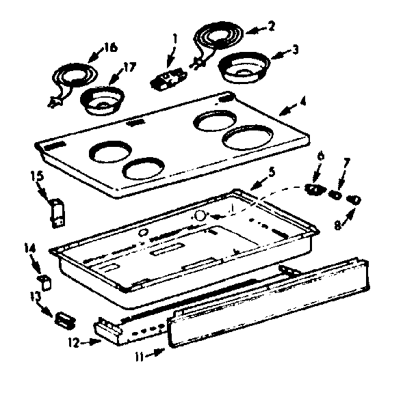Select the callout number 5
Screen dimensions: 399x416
click(x=272, y=171)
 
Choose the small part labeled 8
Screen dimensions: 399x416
click(x=354, y=199)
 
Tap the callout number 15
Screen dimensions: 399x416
click(x=38, y=177)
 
